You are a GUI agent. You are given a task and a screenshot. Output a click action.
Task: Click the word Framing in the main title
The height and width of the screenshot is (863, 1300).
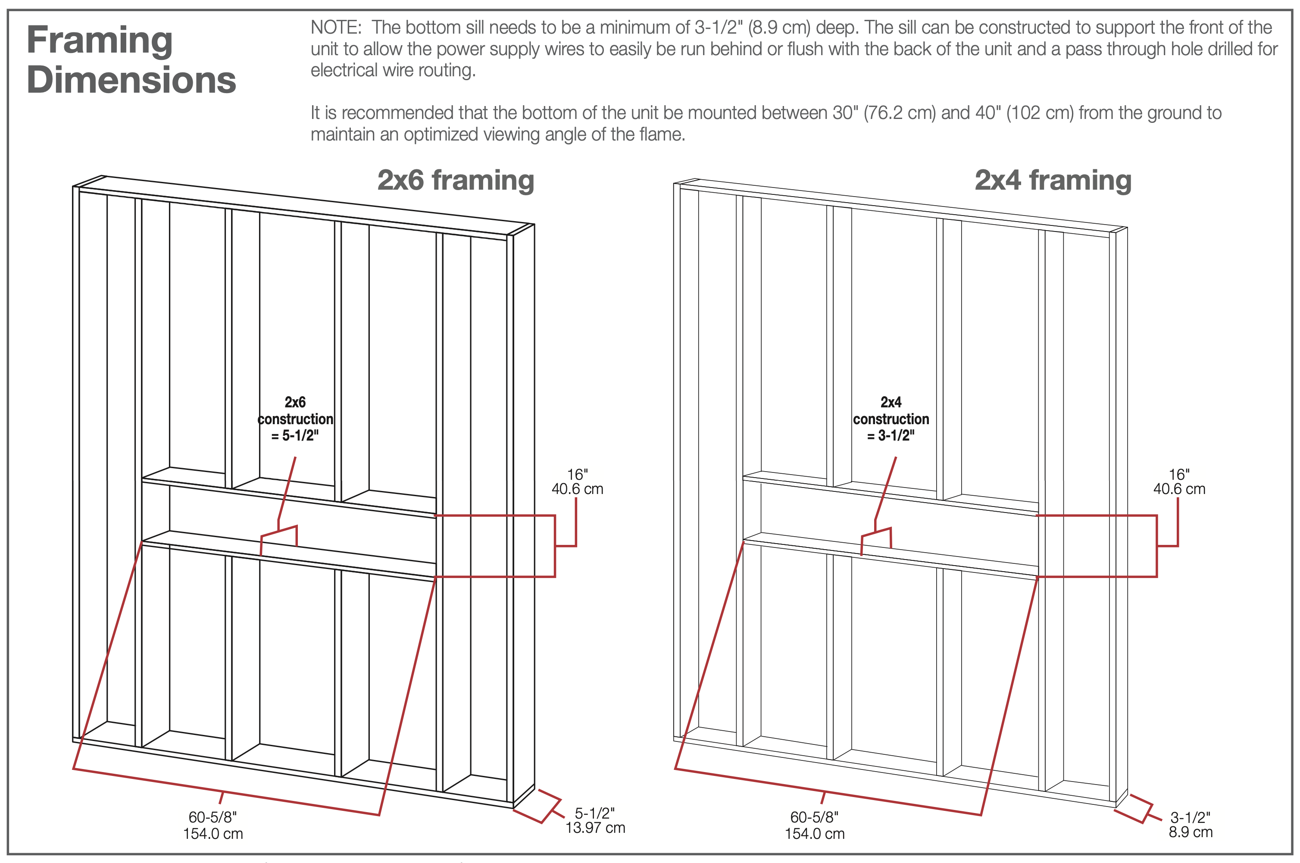pos(100,41)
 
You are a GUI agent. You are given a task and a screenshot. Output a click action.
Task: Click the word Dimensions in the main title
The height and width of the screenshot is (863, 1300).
pos(131,80)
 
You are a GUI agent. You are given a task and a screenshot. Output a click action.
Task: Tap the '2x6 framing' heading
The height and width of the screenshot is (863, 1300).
pos(456,180)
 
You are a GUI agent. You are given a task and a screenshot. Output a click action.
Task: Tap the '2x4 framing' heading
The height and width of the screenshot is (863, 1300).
pos(1053,180)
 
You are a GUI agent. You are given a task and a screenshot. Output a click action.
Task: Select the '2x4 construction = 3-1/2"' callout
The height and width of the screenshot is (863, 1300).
pos(891,419)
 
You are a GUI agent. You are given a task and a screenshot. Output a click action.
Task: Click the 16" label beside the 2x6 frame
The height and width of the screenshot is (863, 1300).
pos(577,475)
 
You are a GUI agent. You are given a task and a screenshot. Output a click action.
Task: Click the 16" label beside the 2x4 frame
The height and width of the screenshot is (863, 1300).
pos(1179,475)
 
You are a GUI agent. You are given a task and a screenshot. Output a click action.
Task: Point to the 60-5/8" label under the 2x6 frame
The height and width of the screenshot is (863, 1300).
pos(213,817)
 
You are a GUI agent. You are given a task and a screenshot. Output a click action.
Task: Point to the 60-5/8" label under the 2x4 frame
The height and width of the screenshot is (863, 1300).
pos(815,817)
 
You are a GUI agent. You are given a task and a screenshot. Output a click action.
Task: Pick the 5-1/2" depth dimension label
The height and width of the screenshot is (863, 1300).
pos(594,813)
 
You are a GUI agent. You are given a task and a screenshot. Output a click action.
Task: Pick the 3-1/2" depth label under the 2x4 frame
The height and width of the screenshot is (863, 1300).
pos(1191,817)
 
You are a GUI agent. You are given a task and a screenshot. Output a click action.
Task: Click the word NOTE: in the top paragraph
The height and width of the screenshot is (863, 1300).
pos(336,28)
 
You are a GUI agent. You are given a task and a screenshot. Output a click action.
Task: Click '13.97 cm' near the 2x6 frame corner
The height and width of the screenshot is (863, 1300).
pos(596,828)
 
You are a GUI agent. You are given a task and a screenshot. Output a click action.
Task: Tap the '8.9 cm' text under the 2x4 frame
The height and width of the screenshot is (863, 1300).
pos(1191,832)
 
